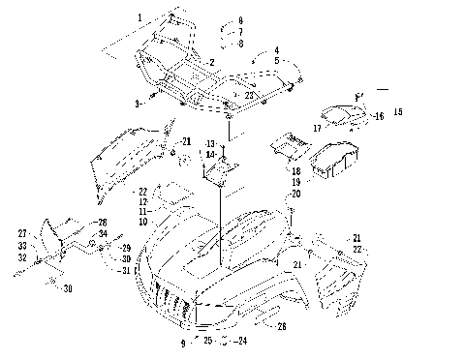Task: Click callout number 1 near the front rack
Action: pyautogui.click(x=139, y=18)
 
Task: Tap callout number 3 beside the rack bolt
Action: pyautogui.click(x=138, y=103)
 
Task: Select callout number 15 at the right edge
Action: pyautogui.click(x=397, y=113)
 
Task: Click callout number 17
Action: pyautogui.click(x=317, y=127)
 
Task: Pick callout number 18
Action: pyautogui.click(x=295, y=171)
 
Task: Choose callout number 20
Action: pyautogui.click(x=296, y=194)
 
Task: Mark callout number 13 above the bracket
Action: pyautogui.click(x=209, y=143)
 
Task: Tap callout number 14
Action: pyautogui.click(x=209, y=154)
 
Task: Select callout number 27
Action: pyautogui.click(x=21, y=233)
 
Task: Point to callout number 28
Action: pyautogui.click(x=103, y=223)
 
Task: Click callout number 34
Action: pyautogui.click(x=103, y=233)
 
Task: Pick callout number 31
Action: pyautogui.click(x=126, y=270)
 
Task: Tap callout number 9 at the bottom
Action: pyautogui.click(x=182, y=343)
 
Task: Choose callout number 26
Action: pyautogui.click(x=282, y=326)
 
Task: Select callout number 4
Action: pyautogui.click(x=276, y=49)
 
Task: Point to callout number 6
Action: pyautogui.click(x=241, y=20)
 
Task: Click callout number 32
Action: pyautogui.click(x=21, y=256)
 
